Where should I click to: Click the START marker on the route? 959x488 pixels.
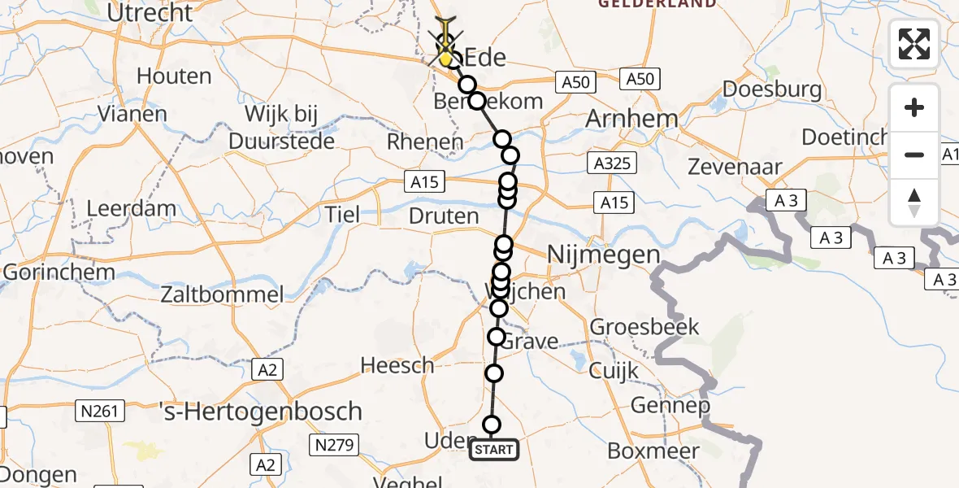[x=493, y=449]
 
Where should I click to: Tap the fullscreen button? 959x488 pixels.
[x=914, y=44]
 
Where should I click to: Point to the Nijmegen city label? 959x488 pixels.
[x=603, y=255]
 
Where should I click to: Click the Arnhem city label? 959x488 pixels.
[x=631, y=119]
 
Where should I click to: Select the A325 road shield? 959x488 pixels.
[x=610, y=164]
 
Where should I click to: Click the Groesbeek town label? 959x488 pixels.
[x=644, y=327]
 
